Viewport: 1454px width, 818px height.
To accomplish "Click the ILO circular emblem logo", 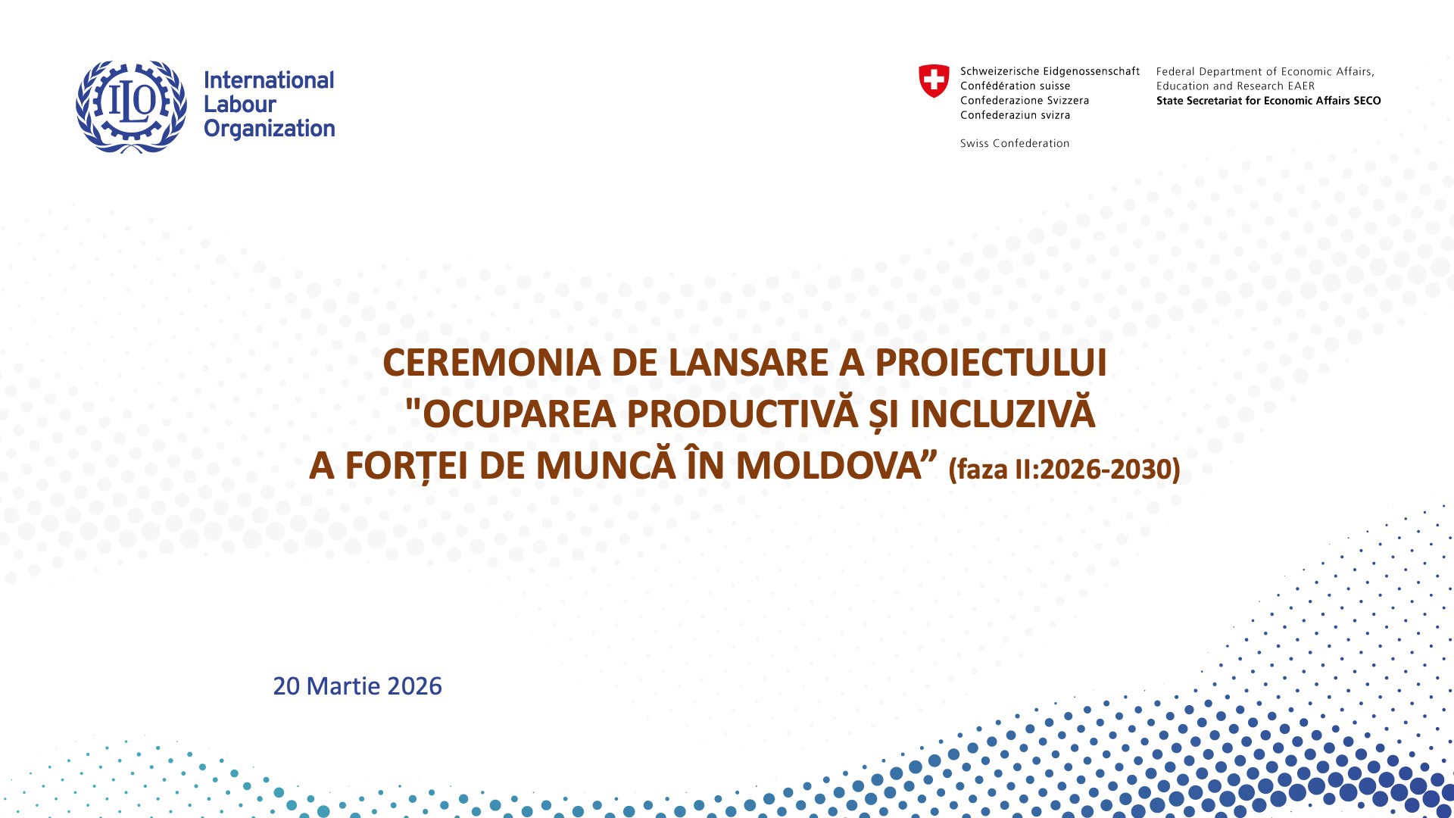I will coord(131,105).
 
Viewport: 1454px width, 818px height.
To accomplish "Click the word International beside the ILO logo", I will coord(269,80).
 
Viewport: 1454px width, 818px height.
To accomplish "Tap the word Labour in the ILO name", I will coord(239,105).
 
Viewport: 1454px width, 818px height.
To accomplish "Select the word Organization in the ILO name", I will coord(269,129).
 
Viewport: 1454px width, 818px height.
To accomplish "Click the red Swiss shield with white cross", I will coord(933,80).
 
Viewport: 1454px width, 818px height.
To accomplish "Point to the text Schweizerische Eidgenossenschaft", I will coord(1050,71).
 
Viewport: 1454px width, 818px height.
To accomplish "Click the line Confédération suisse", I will coord(1015,86).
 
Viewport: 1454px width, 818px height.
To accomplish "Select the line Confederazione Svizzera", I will coord(1024,100).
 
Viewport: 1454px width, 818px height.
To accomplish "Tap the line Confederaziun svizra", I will coord(1015,115).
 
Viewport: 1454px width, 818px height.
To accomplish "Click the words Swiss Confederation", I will coord(1015,143).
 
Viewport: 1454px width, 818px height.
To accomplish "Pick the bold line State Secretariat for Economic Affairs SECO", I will coord(1268,101).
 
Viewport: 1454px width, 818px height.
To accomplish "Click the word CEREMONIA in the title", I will coord(491,363).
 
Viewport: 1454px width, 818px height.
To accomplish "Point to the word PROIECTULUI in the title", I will coord(991,363).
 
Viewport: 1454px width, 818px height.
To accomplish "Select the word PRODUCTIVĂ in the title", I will coord(742,414).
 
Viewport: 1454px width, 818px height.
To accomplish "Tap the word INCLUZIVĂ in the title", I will coord(1002,414).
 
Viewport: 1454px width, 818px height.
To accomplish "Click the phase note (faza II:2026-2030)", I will coord(1064,470).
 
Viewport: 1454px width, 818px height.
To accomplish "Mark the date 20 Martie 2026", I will coord(357,686).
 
